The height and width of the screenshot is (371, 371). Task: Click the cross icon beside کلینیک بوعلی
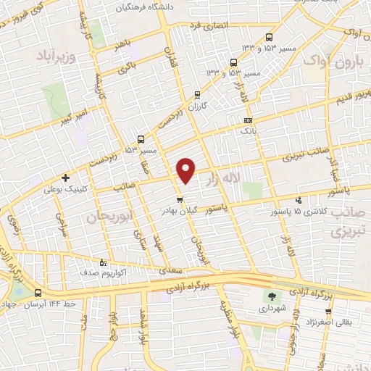[66, 178]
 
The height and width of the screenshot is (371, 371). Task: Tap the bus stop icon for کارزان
[198, 94]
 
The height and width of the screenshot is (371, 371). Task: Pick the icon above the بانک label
[249, 120]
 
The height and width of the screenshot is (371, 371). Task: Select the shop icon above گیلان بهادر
[180, 199]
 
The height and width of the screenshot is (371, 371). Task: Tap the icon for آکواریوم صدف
[102, 262]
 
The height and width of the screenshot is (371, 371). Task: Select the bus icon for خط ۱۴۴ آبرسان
[38, 293]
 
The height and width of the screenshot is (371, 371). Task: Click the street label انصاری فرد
[210, 25]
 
